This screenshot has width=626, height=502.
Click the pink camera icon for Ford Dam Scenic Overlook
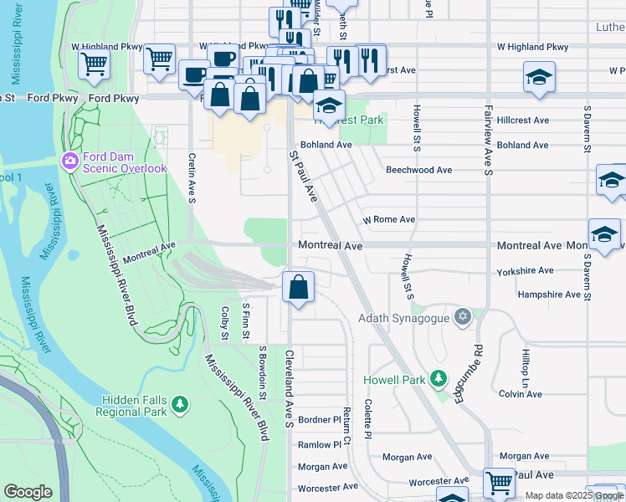[70, 159]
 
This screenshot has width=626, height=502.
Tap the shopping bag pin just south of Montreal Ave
[299, 289]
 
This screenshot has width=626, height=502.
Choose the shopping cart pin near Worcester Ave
[499, 483]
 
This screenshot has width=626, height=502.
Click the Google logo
[28, 492]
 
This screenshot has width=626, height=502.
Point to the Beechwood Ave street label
[418, 170]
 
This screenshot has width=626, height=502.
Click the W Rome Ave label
[388, 220]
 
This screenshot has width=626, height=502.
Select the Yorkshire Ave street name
[525, 271]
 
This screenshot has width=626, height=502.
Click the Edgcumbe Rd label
[469, 373]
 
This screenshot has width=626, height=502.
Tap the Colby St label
[224, 324]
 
